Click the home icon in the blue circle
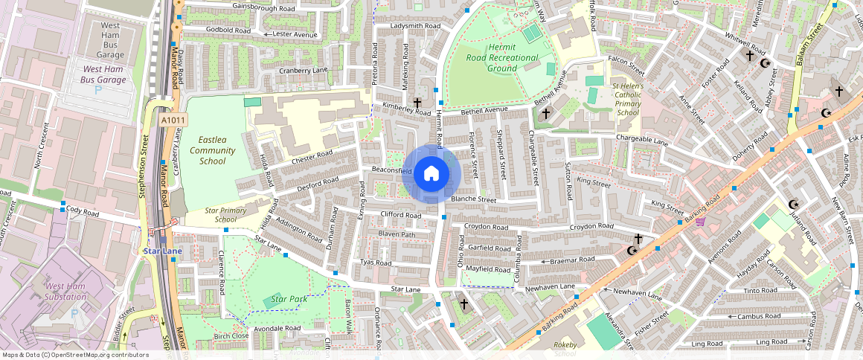coord(430,174)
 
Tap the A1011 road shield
coord(173,120)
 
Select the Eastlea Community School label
coord(212,150)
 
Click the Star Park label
coord(289,300)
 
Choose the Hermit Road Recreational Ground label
coord(502,57)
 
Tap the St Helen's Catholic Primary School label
coord(626,100)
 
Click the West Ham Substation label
coord(65,292)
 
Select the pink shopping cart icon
coord(699,221)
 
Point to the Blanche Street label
coord(473,199)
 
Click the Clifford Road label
coord(400,215)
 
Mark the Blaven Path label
coord(397,234)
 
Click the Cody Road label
coord(82,212)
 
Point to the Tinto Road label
coord(760,291)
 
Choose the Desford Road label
coord(318,184)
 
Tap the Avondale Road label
coord(277,328)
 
